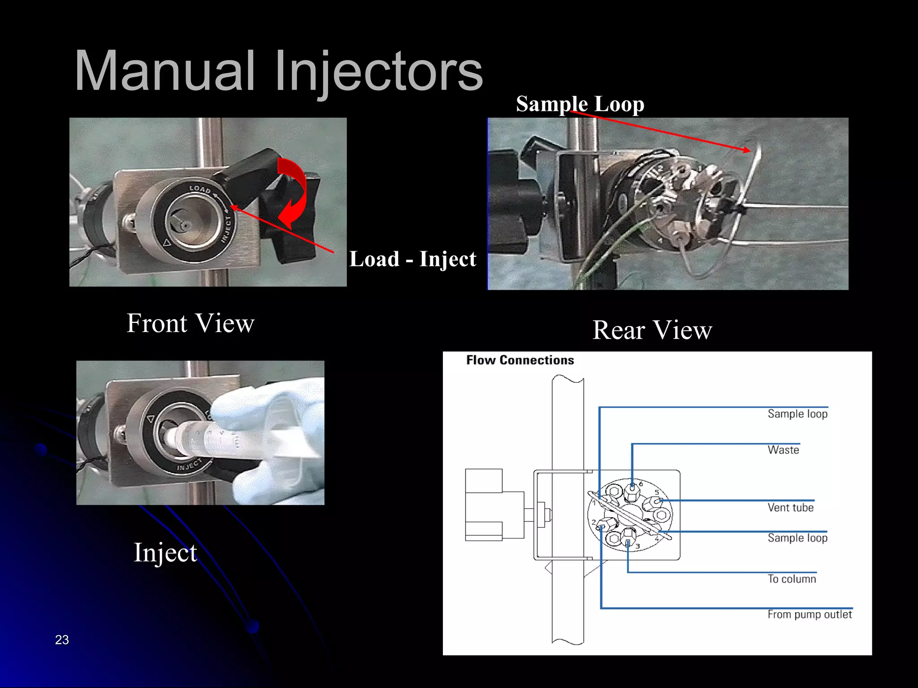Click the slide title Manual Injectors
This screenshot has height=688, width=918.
278,72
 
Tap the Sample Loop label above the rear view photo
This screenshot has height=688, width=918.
580,104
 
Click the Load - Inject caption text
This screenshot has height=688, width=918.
412,259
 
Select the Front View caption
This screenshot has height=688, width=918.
191,323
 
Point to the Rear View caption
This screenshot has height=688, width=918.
652,330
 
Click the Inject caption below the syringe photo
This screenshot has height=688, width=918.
165,552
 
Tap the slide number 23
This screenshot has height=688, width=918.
62,640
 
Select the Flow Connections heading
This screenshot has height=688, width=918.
520,360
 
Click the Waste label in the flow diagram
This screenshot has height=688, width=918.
783,450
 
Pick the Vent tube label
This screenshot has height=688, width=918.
790,507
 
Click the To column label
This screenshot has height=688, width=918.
792,579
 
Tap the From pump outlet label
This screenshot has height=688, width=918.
809,614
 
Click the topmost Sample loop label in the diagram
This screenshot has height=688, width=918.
797,413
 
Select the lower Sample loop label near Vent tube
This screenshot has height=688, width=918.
797,537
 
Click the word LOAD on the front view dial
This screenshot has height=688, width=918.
200,189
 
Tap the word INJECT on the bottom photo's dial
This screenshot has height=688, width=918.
190,465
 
